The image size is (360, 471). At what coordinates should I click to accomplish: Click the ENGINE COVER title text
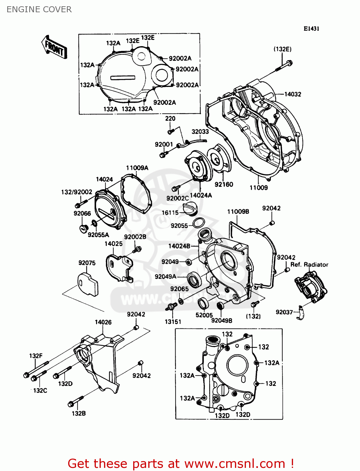[39, 9]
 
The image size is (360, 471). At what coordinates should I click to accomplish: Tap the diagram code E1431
[311, 29]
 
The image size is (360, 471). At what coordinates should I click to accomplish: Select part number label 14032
[292, 94]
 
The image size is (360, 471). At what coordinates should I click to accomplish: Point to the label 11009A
[137, 168]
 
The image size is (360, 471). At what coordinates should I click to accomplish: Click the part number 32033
[200, 132]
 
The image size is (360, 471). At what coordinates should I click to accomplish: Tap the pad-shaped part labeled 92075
[88, 284]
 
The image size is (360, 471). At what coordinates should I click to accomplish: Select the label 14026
[103, 322]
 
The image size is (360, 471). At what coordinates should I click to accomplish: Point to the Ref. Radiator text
[309, 265]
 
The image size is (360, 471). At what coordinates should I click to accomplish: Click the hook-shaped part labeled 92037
[301, 313]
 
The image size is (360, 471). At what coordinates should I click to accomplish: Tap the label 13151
[173, 322]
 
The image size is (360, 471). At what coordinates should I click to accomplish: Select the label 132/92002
[77, 192]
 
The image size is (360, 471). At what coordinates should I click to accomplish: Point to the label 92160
[224, 185]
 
